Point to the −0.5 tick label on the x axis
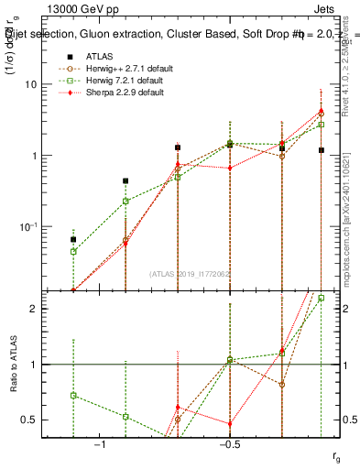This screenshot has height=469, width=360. [x=228, y=444]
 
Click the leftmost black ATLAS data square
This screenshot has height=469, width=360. [x=73, y=239]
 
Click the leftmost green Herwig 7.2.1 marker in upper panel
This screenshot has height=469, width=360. [x=73, y=251]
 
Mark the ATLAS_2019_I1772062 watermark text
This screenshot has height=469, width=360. [x=191, y=273]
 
